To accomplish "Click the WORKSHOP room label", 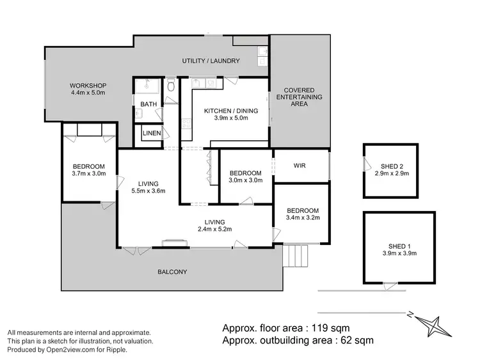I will (88, 86).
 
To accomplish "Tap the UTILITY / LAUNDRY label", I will (211, 61).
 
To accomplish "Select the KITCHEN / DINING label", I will (230, 111).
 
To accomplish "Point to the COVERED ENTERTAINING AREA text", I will (303, 97).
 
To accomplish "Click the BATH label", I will (148, 104).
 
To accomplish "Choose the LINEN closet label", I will (152, 133).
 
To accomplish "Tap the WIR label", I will (300, 166).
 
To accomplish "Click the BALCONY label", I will (172, 272).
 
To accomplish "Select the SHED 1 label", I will (399, 246).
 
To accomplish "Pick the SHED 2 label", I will (391, 167).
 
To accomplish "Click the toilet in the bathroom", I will (170, 86).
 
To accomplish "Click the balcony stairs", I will (298, 257).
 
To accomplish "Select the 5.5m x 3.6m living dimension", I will (148, 191).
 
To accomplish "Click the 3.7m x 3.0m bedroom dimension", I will (89, 174).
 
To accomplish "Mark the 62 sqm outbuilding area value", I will (354, 340).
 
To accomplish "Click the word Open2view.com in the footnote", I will (64, 349).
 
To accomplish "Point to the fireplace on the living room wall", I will (174, 242).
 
